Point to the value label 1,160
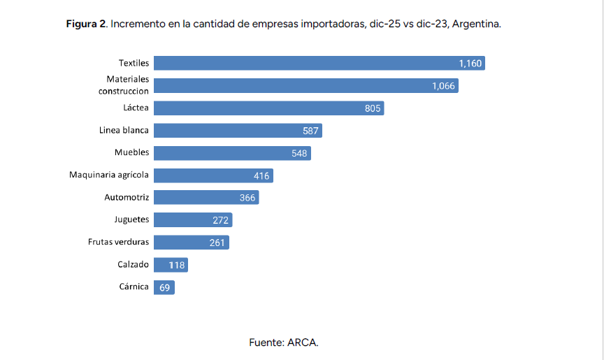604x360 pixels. click(470, 64)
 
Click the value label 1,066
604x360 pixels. click(443, 86)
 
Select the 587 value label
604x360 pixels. click(310, 131)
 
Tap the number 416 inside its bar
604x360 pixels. click(261, 175)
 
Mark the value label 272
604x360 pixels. click(220, 220)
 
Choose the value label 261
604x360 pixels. click(217, 243)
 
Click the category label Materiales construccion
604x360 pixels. click(123, 85)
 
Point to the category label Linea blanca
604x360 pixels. click(124, 130)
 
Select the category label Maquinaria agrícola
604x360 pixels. click(109, 175)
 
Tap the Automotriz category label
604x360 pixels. click(127, 197)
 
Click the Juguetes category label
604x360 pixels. click(131, 219)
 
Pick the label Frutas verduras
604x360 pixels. click(118, 242)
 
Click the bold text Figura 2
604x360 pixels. click(86, 24)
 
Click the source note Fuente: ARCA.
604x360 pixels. click(284, 343)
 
